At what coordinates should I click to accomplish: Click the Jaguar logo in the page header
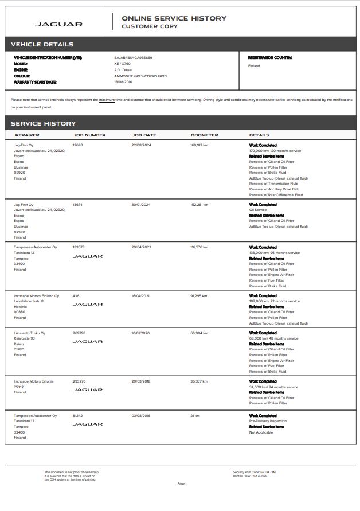coord(58,24)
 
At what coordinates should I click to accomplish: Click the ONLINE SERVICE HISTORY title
coord(174,18)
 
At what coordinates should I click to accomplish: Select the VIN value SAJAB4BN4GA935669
coord(133,58)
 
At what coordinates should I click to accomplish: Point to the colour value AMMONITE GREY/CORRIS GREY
coord(140,76)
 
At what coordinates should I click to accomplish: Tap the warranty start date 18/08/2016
coord(124,82)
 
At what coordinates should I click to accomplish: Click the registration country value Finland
coord(253,66)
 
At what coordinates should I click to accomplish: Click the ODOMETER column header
coord(204,135)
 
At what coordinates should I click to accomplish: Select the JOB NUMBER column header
coord(89,135)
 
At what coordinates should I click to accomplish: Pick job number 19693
coord(77,145)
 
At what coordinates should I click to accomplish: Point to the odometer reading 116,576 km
coord(199,247)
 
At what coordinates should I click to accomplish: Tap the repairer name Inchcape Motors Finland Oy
coord(36,296)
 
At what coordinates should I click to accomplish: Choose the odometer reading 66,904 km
coord(198,333)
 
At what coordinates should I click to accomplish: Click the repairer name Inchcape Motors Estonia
coord(34,381)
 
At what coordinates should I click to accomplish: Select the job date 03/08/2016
coord(140,416)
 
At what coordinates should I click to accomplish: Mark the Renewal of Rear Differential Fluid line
coord(276,194)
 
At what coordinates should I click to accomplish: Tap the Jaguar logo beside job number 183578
coord(87,256)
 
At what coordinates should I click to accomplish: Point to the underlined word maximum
coord(107,100)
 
